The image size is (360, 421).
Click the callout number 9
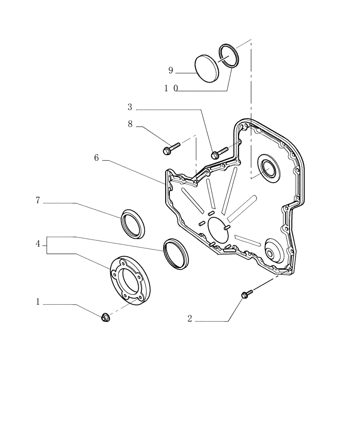pos(171,71)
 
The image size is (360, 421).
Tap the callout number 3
pos(130,107)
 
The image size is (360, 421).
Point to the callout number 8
pos(130,124)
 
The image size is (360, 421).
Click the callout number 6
pos(96,158)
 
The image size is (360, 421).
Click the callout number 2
pos(190,319)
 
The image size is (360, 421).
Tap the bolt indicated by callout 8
pos(170,148)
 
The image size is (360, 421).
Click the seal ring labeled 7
pos(133,223)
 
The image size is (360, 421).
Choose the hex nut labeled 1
pos(105,317)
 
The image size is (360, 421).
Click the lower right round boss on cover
pos(269,252)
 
